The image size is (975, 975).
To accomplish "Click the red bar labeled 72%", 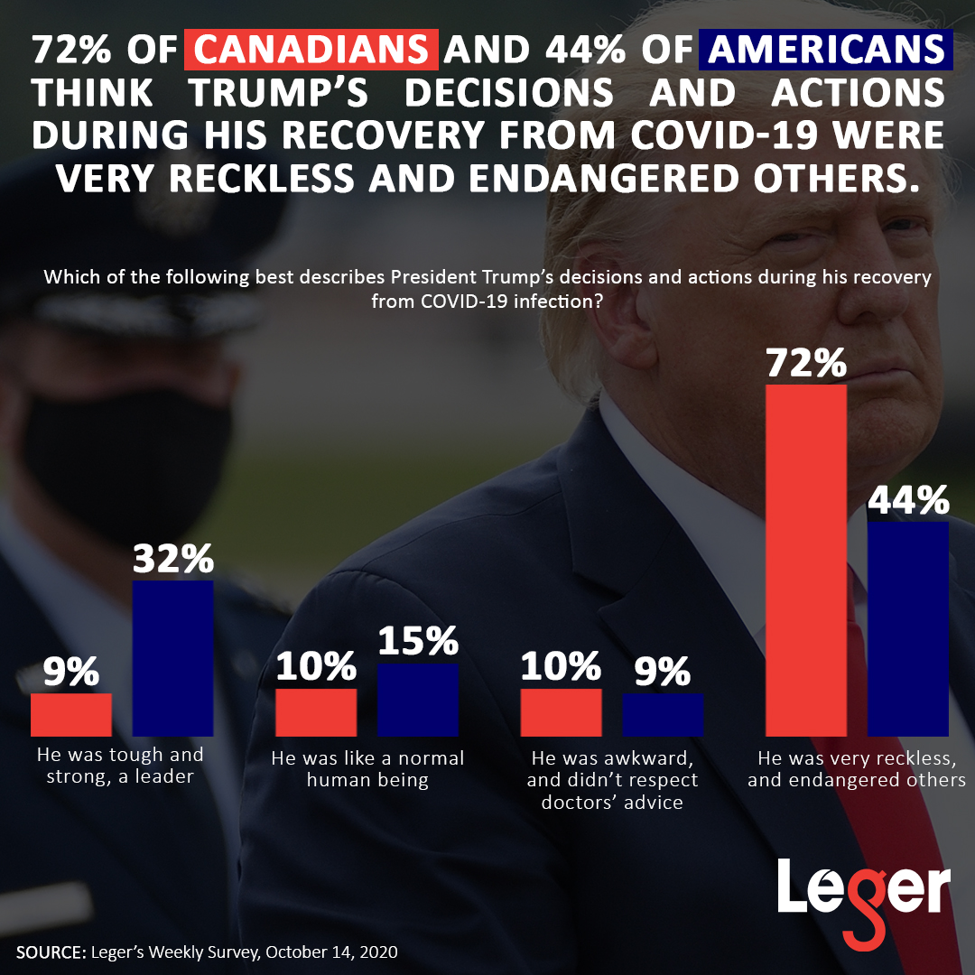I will coord(806,560).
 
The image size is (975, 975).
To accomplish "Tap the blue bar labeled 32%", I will coord(172,658).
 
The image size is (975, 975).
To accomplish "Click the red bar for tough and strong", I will coord(71,714).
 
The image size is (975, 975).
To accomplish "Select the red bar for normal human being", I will coord(316,712).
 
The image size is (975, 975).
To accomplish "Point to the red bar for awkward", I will coord(561,712).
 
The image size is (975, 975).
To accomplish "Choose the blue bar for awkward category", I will coord(663,714).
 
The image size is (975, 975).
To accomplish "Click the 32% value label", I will coord(172,560).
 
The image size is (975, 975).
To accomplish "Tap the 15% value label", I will coord(417,642).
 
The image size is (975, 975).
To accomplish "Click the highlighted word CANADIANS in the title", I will coord(311,51).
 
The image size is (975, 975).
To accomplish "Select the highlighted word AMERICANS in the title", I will coord(826,51).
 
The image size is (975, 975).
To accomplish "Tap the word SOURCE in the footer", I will coord(50,952).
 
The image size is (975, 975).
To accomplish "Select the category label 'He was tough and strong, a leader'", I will coord(119,765).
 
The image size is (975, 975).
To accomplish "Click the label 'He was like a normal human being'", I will coord(367,768).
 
